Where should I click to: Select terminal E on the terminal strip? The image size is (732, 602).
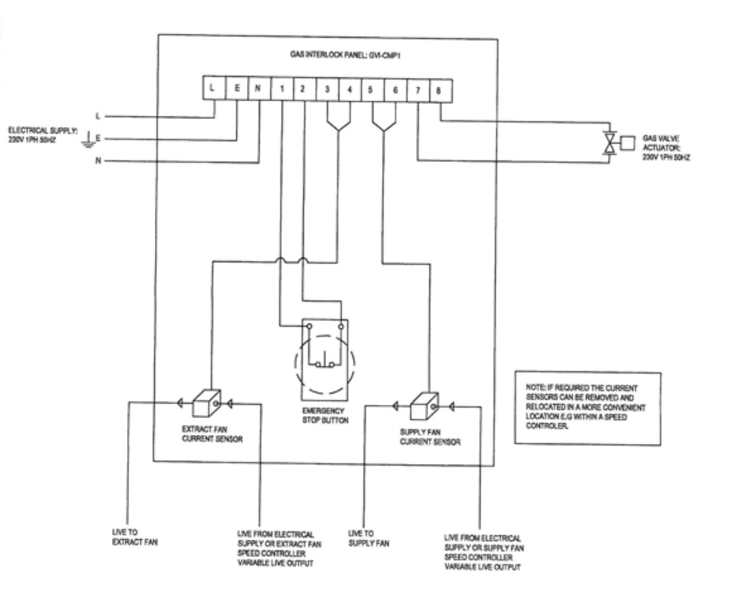coord(237,88)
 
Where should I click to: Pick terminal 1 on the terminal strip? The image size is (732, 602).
coord(282,89)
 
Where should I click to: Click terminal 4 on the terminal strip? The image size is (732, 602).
coord(349,90)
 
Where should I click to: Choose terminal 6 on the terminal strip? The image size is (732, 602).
coord(395,90)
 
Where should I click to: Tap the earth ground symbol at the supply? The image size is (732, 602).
coord(87,142)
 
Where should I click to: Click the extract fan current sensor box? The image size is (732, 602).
coord(205,403)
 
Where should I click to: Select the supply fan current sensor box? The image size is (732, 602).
coord(424,407)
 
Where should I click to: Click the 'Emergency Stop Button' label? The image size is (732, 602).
coord(325,415)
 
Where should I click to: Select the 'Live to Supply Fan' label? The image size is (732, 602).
coord(369,538)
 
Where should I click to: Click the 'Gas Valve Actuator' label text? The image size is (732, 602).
coord(666,148)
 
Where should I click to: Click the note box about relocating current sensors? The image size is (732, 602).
coord(587,407)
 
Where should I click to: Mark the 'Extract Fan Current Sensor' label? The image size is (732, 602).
coord(212,434)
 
